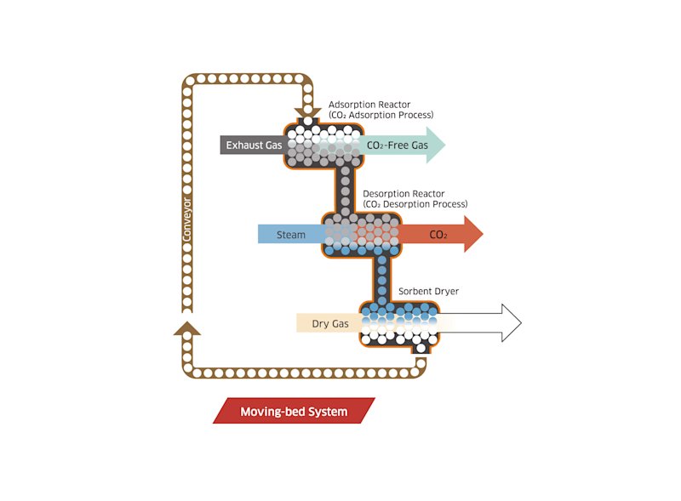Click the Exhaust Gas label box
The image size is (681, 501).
[252, 145]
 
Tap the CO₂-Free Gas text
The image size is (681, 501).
[398, 145]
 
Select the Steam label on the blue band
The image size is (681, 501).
[291, 235]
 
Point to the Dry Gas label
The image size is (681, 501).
[330, 323]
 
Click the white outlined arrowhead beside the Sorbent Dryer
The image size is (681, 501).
[512, 323]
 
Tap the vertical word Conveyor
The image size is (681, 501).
[186, 219]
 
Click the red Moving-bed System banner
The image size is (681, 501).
[294, 411]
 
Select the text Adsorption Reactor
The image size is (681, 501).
[369, 105]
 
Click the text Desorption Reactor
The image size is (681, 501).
[403, 194]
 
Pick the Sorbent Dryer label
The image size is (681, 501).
[428, 291]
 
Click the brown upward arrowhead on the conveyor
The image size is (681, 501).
[187, 328]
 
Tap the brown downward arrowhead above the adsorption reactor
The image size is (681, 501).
[308, 112]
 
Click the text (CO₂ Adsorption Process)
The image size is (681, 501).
[381, 115]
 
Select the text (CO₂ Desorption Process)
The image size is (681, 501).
[415, 204]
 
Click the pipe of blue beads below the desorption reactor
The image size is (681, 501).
[381, 279]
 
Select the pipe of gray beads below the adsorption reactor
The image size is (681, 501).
[346, 191]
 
